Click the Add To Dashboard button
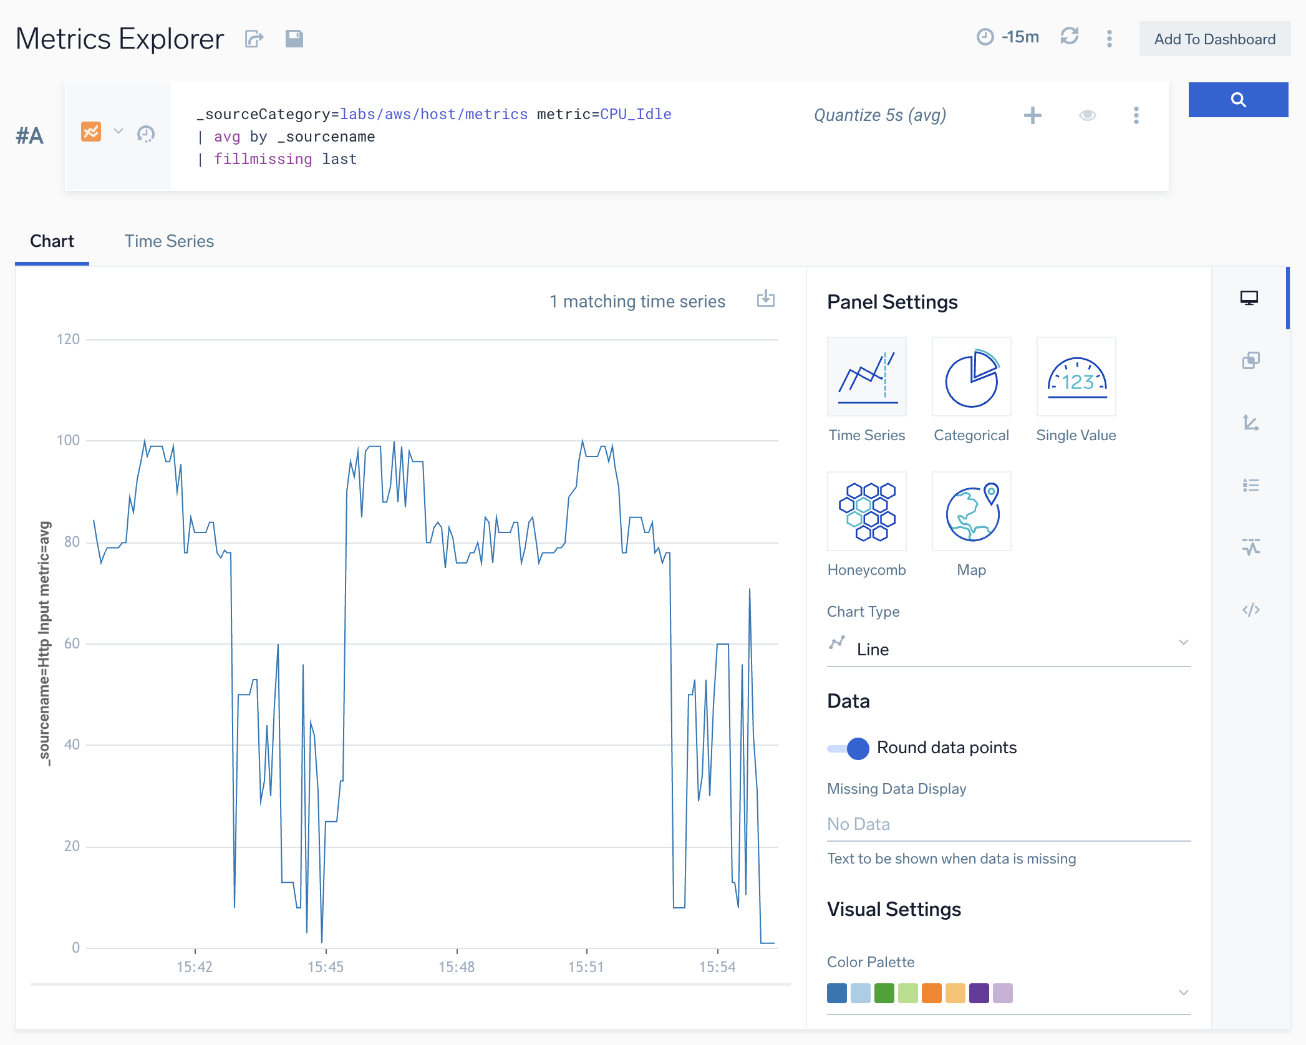[1214, 39]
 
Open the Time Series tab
[169, 241]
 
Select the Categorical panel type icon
[971, 377]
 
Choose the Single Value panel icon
[1076, 377]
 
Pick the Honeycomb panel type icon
[866, 511]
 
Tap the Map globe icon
[971, 511]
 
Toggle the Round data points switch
[849, 748]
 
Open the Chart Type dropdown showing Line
[1008, 649]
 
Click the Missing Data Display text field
[1008, 824]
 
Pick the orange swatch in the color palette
[931, 993]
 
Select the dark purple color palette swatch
[979, 993]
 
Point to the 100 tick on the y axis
[68, 440]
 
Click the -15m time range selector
[1009, 37]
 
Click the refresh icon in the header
[1070, 36]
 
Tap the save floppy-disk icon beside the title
[294, 39]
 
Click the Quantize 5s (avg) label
[880, 115]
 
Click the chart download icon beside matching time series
[765, 299]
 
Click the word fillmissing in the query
[263, 160]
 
